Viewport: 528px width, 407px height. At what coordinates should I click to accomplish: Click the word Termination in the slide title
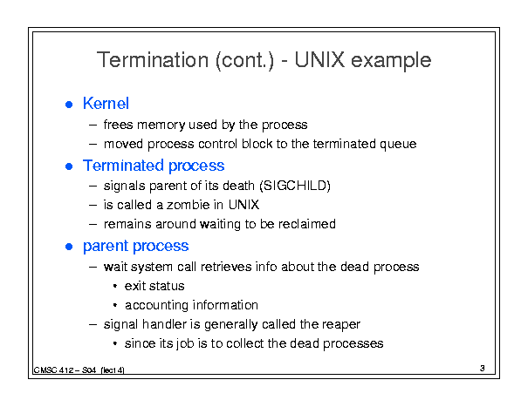[x=153, y=60]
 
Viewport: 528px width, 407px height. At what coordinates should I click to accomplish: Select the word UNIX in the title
[x=319, y=60]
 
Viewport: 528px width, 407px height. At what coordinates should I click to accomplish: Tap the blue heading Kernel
[x=106, y=103]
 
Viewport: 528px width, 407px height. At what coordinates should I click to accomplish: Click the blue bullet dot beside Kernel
[x=69, y=105]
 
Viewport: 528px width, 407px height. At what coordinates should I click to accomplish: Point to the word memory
[x=161, y=125]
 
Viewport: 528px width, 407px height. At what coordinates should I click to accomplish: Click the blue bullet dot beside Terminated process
[x=69, y=166]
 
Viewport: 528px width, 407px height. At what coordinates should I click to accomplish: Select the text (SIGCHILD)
[x=295, y=186]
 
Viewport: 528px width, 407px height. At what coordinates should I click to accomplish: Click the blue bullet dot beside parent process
[x=69, y=247]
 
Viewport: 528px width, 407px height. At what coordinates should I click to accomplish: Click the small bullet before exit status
[x=115, y=286]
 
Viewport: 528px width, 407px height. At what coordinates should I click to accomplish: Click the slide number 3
[x=483, y=369]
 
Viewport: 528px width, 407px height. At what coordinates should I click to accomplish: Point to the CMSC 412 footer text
[x=79, y=370]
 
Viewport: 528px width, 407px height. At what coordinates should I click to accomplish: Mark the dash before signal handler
[x=93, y=324]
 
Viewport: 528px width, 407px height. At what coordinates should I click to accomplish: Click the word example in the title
[x=391, y=61]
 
